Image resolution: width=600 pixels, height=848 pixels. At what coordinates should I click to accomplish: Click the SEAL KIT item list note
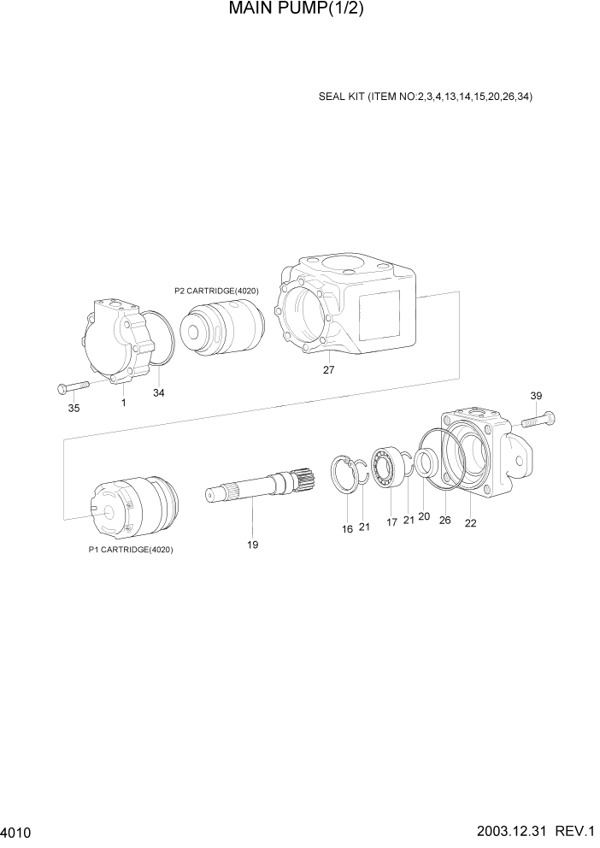[x=425, y=97]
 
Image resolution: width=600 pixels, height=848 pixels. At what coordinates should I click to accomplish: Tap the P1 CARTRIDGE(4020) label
[x=131, y=550]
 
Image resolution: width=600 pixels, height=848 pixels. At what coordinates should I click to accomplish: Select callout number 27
[x=328, y=370]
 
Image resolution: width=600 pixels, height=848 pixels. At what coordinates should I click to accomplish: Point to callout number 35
[x=74, y=409]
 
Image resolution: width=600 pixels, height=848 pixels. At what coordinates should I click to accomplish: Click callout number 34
[x=159, y=393]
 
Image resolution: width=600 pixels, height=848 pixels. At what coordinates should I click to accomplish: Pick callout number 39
[x=536, y=396]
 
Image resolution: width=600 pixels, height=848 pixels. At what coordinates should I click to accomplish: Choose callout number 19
[x=253, y=545]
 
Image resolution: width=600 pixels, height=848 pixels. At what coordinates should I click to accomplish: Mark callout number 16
[x=347, y=529]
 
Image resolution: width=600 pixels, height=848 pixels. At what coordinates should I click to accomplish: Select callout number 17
[x=391, y=522]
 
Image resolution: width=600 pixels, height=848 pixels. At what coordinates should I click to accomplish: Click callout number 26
[x=444, y=520]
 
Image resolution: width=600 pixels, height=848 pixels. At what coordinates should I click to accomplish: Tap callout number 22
[x=470, y=524]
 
